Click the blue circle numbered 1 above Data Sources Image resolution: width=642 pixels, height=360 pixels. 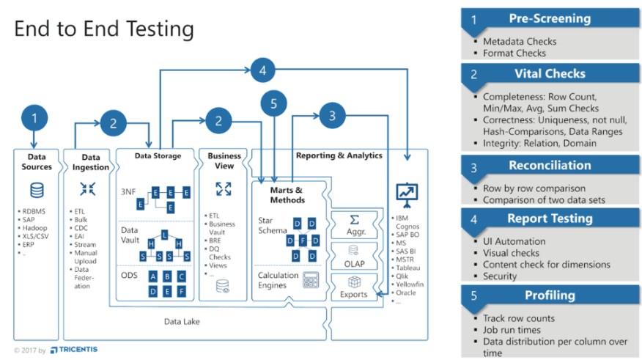(x=34, y=117)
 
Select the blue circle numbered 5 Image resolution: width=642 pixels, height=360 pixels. (x=273, y=104)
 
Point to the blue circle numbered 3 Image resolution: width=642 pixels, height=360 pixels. (x=332, y=115)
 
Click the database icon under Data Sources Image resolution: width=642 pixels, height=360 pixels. (x=36, y=190)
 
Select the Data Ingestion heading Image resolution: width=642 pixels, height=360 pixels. (x=90, y=162)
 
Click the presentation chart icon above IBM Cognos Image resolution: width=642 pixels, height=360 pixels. (x=405, y=193)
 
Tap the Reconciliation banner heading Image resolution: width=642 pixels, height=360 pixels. (x=549, y=166)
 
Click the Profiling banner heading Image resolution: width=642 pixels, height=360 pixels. (x=549, y=295)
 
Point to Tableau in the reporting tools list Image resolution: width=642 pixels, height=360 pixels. (x=407, y=268)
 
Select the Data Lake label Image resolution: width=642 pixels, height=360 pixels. (x=181, y=321)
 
